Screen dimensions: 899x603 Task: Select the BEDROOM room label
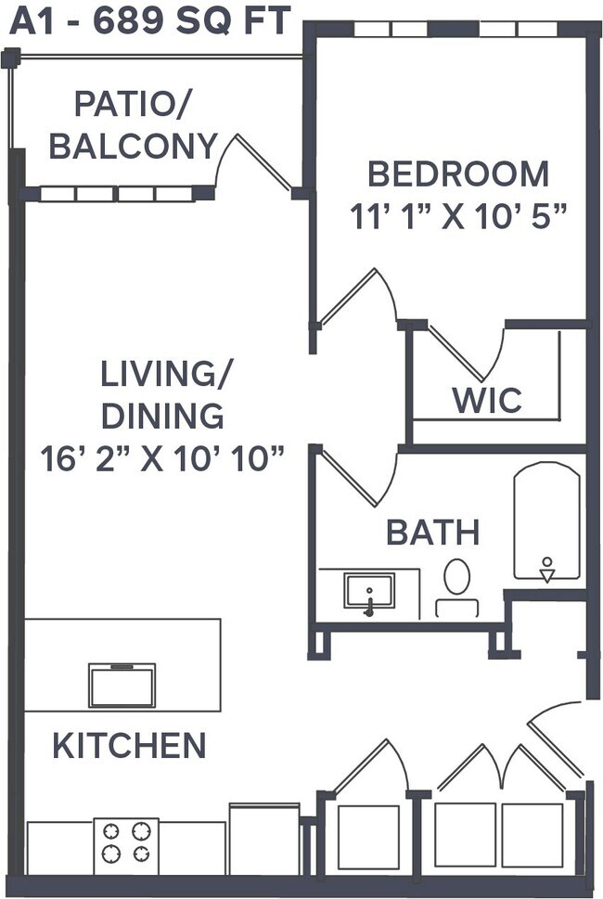tap(458, 173)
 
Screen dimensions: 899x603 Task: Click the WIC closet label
tap(487, 401)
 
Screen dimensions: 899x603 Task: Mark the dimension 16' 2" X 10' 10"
tap(162, 457)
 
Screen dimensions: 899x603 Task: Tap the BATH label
tap(433, 533)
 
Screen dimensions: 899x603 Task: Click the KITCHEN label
tap(129, 745)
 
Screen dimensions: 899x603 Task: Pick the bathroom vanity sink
tap(368, 591)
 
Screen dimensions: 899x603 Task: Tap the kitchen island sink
tap(122, 685)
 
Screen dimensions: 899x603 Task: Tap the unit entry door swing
tap(557, 733)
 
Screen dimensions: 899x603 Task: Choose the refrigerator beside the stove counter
tap(263, 840)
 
